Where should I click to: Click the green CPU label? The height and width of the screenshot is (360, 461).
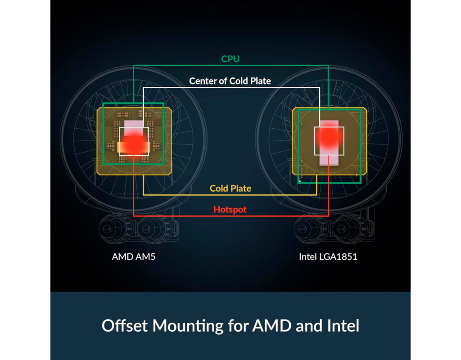(x=230, y=59)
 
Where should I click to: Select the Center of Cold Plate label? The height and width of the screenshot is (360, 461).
(x=230, y=81)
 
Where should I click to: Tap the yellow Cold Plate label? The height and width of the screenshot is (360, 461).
(x=230, y=189)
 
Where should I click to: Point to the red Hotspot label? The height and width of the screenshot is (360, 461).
(x=230, y=210)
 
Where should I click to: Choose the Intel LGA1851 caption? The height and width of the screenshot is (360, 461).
(x=328, y=257)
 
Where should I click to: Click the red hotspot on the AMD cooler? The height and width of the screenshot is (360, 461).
(x=134, y=143)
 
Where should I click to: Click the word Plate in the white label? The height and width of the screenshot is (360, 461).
(x=260, y=81)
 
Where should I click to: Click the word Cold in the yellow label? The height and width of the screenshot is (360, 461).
(x=219, y=189)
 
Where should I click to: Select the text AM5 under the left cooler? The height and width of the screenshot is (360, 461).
(x=145, y=257)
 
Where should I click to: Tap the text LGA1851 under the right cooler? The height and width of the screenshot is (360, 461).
(x=338, y=257)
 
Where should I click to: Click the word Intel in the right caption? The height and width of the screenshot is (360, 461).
(x=307, y=257)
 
